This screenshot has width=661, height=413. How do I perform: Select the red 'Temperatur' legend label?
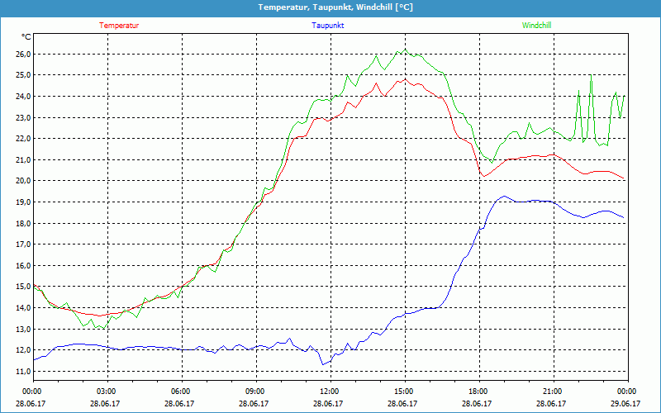click(x=119, y=26)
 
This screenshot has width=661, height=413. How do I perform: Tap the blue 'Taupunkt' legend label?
click(x=328, y=26)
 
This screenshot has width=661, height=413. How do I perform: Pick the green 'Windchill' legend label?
click(x=536, y=26)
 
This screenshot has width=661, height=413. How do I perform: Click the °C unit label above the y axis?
click(x=26, y=37)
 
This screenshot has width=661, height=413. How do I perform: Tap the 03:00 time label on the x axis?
click(x=107, y=392)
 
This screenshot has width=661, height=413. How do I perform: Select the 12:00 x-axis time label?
click(x=330, y=392)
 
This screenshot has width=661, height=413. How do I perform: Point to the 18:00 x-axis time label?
click(x=478, y=392)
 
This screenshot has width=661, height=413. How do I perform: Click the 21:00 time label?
click(x=553, y=392)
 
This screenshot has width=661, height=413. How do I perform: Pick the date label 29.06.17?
click(x=626, y=404)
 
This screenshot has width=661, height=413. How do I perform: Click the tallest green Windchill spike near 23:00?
click(x=591, y=76)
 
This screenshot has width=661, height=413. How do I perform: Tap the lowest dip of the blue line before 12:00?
click(x=323, y=364)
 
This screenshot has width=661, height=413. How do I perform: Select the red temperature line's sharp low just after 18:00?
click(x=483, y=176)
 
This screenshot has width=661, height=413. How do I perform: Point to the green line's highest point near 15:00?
click(x=400, y=50)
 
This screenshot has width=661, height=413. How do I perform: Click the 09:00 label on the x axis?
click(x=255, y=392)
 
